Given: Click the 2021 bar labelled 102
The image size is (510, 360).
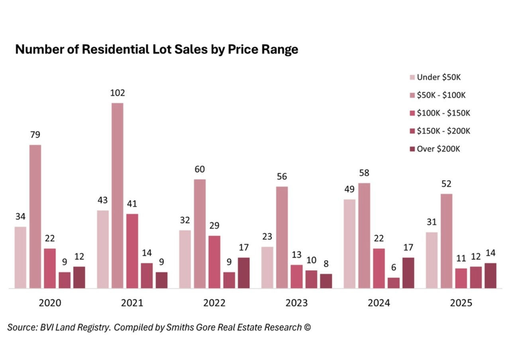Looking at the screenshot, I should point(118,195).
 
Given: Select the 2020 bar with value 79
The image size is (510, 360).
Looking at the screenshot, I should point(35,216).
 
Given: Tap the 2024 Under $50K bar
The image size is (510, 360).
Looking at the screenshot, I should point(349,243).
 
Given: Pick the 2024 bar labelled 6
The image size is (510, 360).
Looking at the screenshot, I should point(394,283).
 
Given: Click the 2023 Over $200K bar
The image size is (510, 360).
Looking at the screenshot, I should point(326,281).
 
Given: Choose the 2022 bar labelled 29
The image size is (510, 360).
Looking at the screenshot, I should point(214,262).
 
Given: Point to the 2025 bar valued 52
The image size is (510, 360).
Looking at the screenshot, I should point(446,241).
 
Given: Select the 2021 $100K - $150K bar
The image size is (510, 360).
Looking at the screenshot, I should point(132,251).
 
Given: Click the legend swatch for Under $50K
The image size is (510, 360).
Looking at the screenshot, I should point(412,77).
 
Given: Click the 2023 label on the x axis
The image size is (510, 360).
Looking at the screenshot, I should point(297,303).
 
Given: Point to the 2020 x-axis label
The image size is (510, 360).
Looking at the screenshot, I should point(50,303).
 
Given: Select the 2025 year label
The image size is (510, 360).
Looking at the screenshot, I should point(461,303).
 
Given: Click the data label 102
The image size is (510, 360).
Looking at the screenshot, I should point(118,93).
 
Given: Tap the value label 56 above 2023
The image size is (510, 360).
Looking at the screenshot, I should point(282,176).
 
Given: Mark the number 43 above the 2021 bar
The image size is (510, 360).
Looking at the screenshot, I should point(102,200).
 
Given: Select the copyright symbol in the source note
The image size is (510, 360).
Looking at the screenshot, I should point(307,327).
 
